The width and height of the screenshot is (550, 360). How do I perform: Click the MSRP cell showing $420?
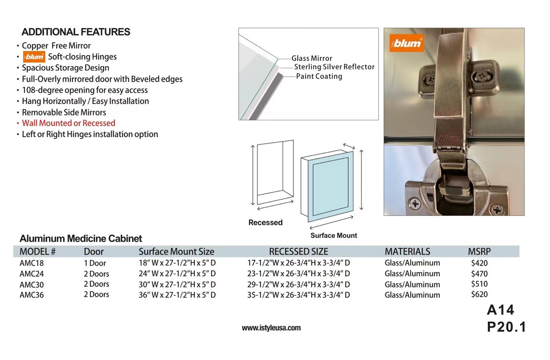[x=479, y=263]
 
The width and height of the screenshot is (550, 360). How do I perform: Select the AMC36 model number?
[x=32, y=295]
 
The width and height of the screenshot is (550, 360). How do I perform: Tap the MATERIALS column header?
[x=407, y=251]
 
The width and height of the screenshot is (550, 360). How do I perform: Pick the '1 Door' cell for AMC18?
[x=95, y=263]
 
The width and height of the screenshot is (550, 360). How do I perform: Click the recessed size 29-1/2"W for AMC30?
[x=298, y=284]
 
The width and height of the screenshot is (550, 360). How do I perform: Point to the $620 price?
[x=479, y=294]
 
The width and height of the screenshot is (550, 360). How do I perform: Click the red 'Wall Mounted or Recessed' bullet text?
[x=68, y=123]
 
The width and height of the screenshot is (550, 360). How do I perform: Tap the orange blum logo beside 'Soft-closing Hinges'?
[x=34, y=57]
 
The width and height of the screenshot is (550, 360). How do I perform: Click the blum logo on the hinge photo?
[x=406, y=43]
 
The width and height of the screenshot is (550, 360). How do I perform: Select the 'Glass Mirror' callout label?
[x=312, y=58]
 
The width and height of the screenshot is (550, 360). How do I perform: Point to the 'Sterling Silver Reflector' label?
[x=334, y=67]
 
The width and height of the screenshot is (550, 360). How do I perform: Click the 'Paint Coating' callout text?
[x=319, y=76]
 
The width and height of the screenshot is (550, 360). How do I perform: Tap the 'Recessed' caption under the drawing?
[x=265, y=222]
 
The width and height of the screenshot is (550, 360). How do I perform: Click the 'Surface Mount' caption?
[x=333, y=235]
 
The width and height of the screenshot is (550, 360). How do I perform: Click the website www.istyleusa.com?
[x=271, y=328]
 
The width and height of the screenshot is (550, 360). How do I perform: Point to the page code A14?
[x=500, y=310]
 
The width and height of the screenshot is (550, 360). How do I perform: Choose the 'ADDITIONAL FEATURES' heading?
[x=76, y=32]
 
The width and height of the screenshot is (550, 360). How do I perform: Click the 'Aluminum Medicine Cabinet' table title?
[x=81, y=239]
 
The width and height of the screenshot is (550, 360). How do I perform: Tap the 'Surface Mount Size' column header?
[x=176, y=251]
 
